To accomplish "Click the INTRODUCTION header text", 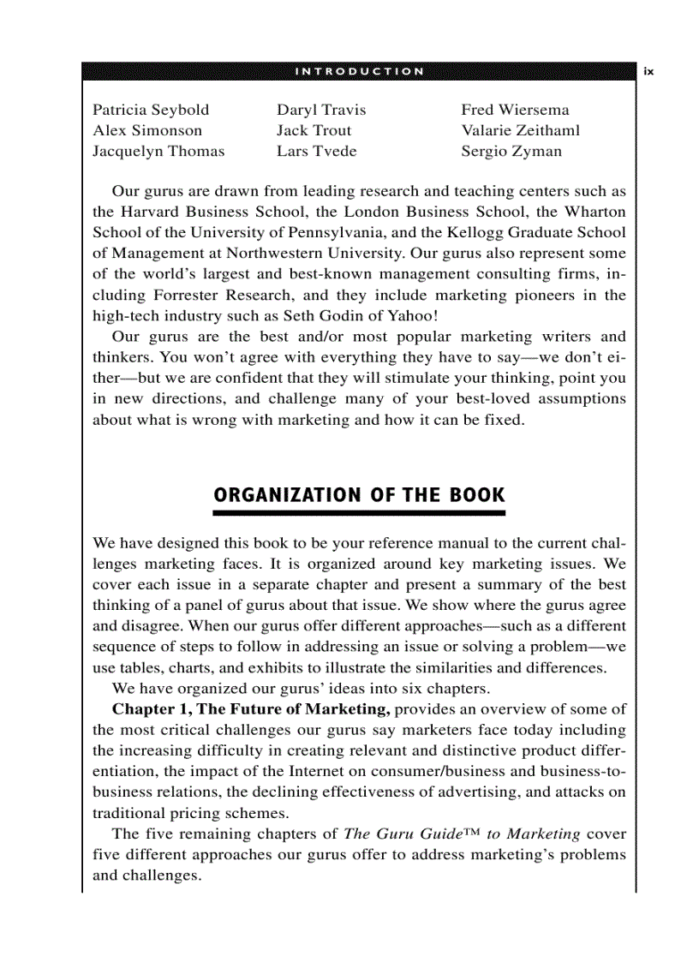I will pos(359,71).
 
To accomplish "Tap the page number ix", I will pos(648,72).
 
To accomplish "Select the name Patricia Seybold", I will pos(151,110).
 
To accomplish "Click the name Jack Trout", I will pos(314,130).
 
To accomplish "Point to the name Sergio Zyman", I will pos(511,152).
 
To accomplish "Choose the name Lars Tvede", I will pos(316,152).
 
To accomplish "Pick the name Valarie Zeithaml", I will pos(520,130).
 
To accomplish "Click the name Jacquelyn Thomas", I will pos(158,152).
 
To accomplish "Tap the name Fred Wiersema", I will pos(515,110).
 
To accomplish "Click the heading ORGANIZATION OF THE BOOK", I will pos(359,495).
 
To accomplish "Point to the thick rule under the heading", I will pos(359,513).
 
